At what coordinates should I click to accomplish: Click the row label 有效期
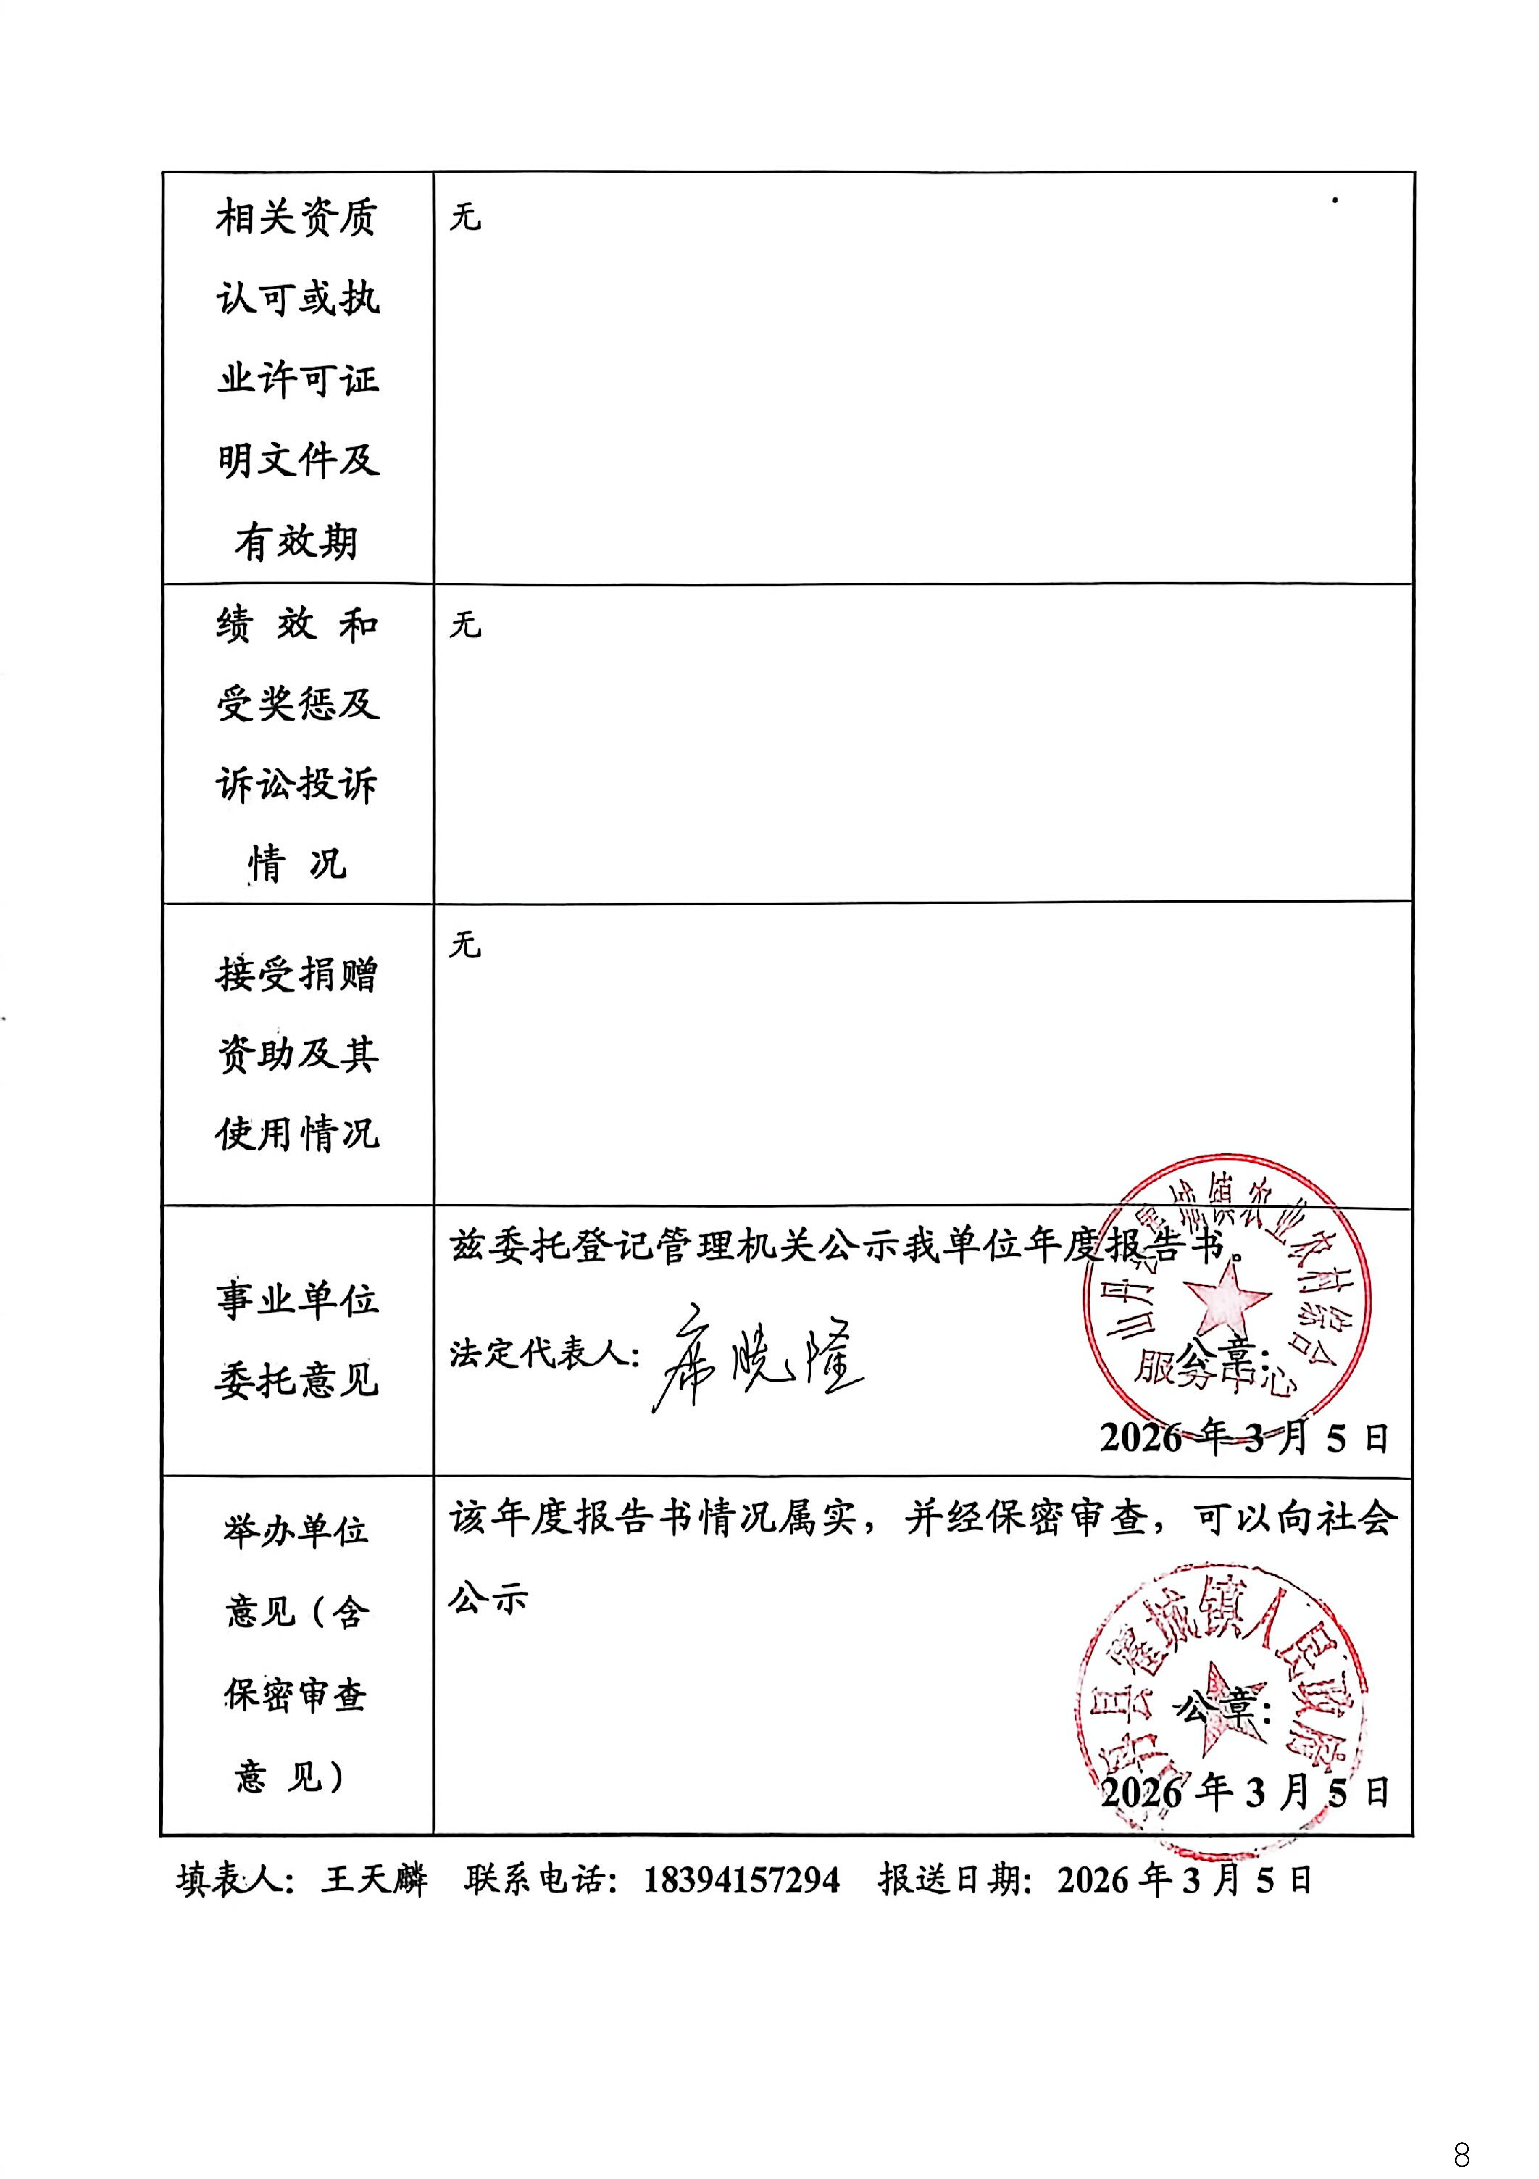[297, 542]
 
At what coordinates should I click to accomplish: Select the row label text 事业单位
[297, 1299]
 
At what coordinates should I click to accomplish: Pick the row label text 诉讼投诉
[297, 785]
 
